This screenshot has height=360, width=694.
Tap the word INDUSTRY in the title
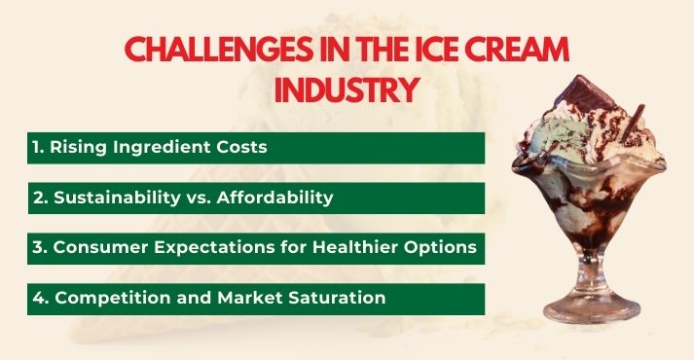coord(347,90)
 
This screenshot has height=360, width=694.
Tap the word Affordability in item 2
coord(276,198)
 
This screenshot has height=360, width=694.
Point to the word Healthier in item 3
coord(360,248)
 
